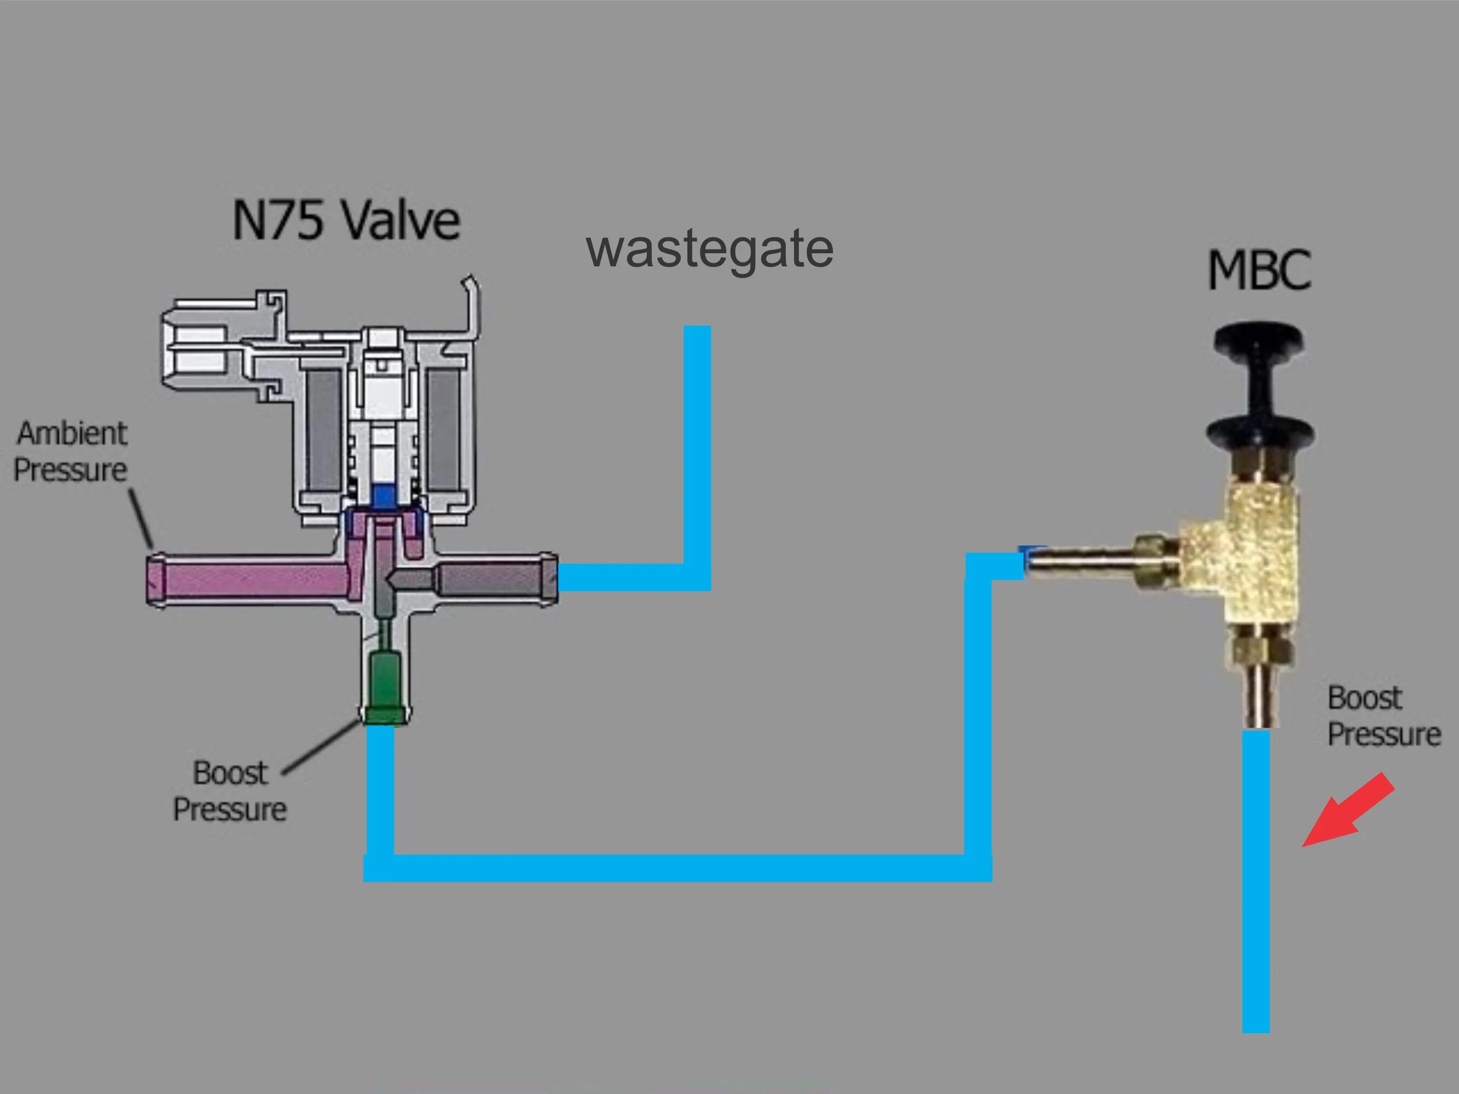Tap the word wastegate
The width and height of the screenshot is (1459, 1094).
coord(709,249)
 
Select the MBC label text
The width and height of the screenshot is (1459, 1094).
coord(1259,270)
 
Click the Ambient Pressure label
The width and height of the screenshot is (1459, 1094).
coord(71,452)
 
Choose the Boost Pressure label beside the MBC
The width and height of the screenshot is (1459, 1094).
coord(1383,716)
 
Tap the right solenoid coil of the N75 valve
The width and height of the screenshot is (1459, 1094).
coord(446,429)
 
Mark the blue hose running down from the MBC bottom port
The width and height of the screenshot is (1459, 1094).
coord(1256,883)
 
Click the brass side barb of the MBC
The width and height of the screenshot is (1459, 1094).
coord(1089,564)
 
